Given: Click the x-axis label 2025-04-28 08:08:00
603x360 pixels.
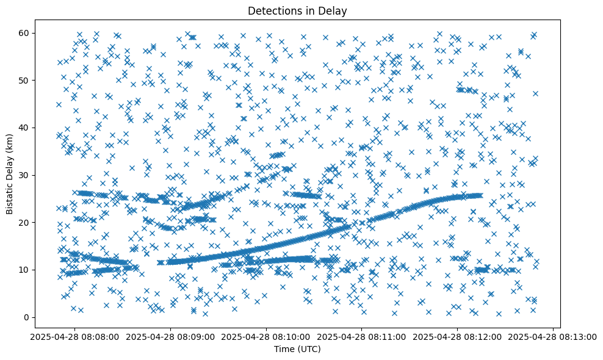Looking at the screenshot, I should click(75, 336).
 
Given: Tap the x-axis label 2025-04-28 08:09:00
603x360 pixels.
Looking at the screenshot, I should click(171, 336).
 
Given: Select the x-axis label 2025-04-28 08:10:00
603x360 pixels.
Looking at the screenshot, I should click(267, 336).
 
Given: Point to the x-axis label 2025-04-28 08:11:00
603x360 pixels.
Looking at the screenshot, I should click(362, 336).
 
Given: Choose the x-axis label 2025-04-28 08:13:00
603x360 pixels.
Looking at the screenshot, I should click(553, 336).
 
